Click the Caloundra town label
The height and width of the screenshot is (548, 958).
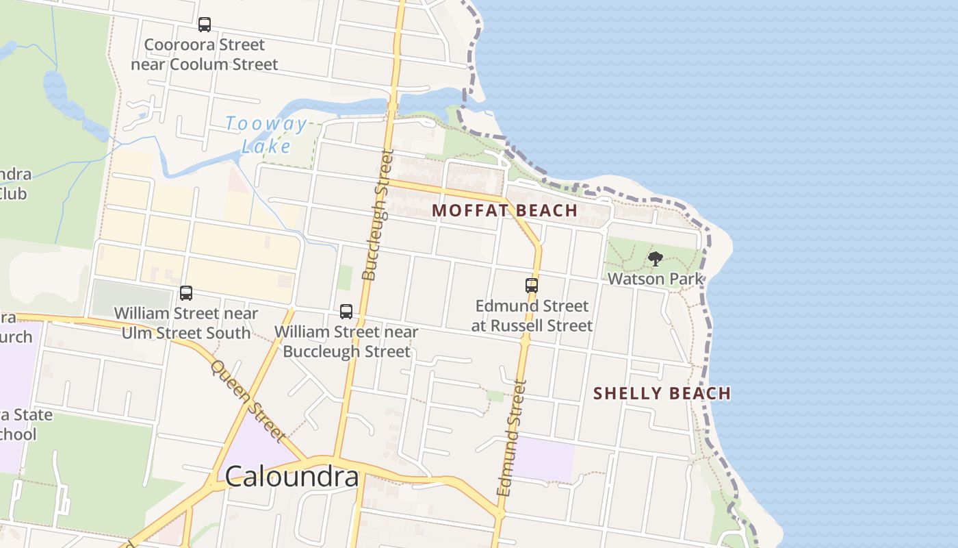tap(292, 477)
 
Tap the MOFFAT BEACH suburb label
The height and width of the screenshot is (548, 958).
tap(505, 210)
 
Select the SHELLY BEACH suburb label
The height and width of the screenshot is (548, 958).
tap(662, 393)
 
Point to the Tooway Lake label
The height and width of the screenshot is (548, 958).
tap(266, 135)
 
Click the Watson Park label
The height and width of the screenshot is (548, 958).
tap(656, 279)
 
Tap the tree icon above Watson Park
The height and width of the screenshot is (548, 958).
tap(656, 259)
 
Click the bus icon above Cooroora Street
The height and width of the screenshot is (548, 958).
tap(204, 25)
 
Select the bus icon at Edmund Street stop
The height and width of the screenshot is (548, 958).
tap(532, 286)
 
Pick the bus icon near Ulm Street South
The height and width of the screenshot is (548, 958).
tap(185, 293)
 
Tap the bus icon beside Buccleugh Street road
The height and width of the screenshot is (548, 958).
tap(346, 312)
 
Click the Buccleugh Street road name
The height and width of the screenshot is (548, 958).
tap(378, 216)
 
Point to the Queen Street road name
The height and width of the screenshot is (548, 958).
tap(246, 401)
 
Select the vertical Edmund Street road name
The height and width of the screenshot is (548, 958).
tap(513, 439)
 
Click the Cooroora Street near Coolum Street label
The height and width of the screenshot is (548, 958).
tap(204, 55)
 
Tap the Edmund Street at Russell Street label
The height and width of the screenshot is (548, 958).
tap(532, 316)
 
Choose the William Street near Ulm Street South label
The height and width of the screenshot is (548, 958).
tap(185, 323)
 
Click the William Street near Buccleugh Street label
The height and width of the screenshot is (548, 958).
tap(346, 342)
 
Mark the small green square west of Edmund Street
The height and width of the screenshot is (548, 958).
tap(495, 396)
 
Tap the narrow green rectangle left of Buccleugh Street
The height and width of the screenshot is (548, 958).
tap(345, 277)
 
